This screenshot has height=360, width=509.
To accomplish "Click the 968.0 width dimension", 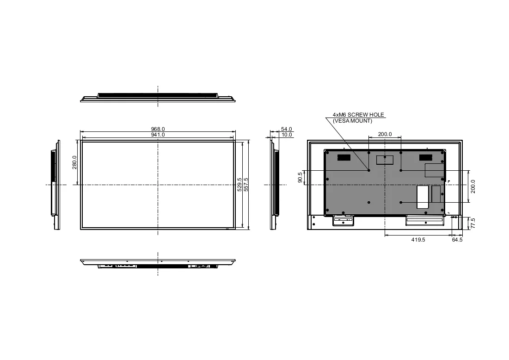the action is pos(158,129).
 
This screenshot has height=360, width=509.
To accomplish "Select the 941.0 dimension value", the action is pos(158,135).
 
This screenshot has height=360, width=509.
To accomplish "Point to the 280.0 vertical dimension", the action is pos(74,162).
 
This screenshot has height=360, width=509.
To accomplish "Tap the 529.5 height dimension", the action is pos(239,185).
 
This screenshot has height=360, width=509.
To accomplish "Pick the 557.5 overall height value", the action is pos(246,185).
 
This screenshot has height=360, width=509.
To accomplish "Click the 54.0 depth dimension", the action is pos(286,129).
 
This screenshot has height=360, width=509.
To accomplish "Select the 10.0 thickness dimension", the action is pos(286,135).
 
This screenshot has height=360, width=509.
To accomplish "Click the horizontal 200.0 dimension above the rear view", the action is pos(385,134).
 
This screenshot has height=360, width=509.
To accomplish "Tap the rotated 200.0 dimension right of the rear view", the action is pos(472,186).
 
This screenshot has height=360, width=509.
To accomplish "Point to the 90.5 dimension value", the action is pos(300,177).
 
